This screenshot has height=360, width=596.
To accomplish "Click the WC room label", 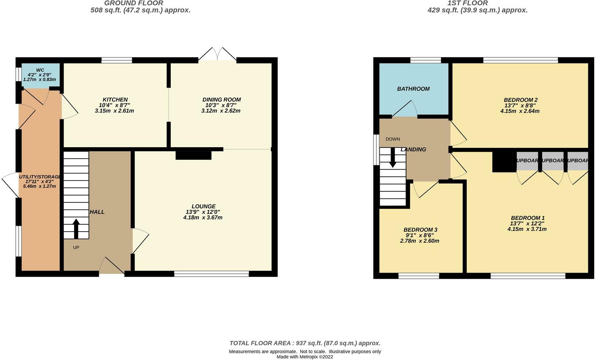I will coord(40,70).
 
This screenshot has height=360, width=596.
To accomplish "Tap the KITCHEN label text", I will coord(115,100).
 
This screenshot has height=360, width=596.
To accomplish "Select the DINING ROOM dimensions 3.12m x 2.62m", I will coord(221,111).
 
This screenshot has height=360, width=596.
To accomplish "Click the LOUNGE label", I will coord(203,206).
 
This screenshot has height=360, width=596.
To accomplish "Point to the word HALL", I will coord(97,212).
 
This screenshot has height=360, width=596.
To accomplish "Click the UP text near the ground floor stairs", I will coord(76,247).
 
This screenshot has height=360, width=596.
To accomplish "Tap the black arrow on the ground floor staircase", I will coord(76,229).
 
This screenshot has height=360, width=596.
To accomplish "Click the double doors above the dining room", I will coord(218,54).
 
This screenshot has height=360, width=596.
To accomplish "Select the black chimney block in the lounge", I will coord(193,155).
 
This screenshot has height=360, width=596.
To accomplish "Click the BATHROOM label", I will coord(413,89).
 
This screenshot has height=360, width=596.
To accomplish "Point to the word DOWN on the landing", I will coord(393,139).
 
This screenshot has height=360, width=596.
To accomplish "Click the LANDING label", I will coord(413,149).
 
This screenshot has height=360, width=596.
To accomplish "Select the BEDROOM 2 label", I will coord(520,100).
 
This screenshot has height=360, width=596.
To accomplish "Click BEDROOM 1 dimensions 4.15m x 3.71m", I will coord(527,229).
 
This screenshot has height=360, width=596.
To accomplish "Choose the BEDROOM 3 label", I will coord(420,229).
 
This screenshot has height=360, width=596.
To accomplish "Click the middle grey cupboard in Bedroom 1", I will coord(552,161).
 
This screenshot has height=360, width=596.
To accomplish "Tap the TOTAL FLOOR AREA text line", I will coord(305,343).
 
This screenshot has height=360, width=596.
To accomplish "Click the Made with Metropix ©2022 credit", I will coord(305,357).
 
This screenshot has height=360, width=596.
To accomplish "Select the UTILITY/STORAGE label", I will coord(40,177).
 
